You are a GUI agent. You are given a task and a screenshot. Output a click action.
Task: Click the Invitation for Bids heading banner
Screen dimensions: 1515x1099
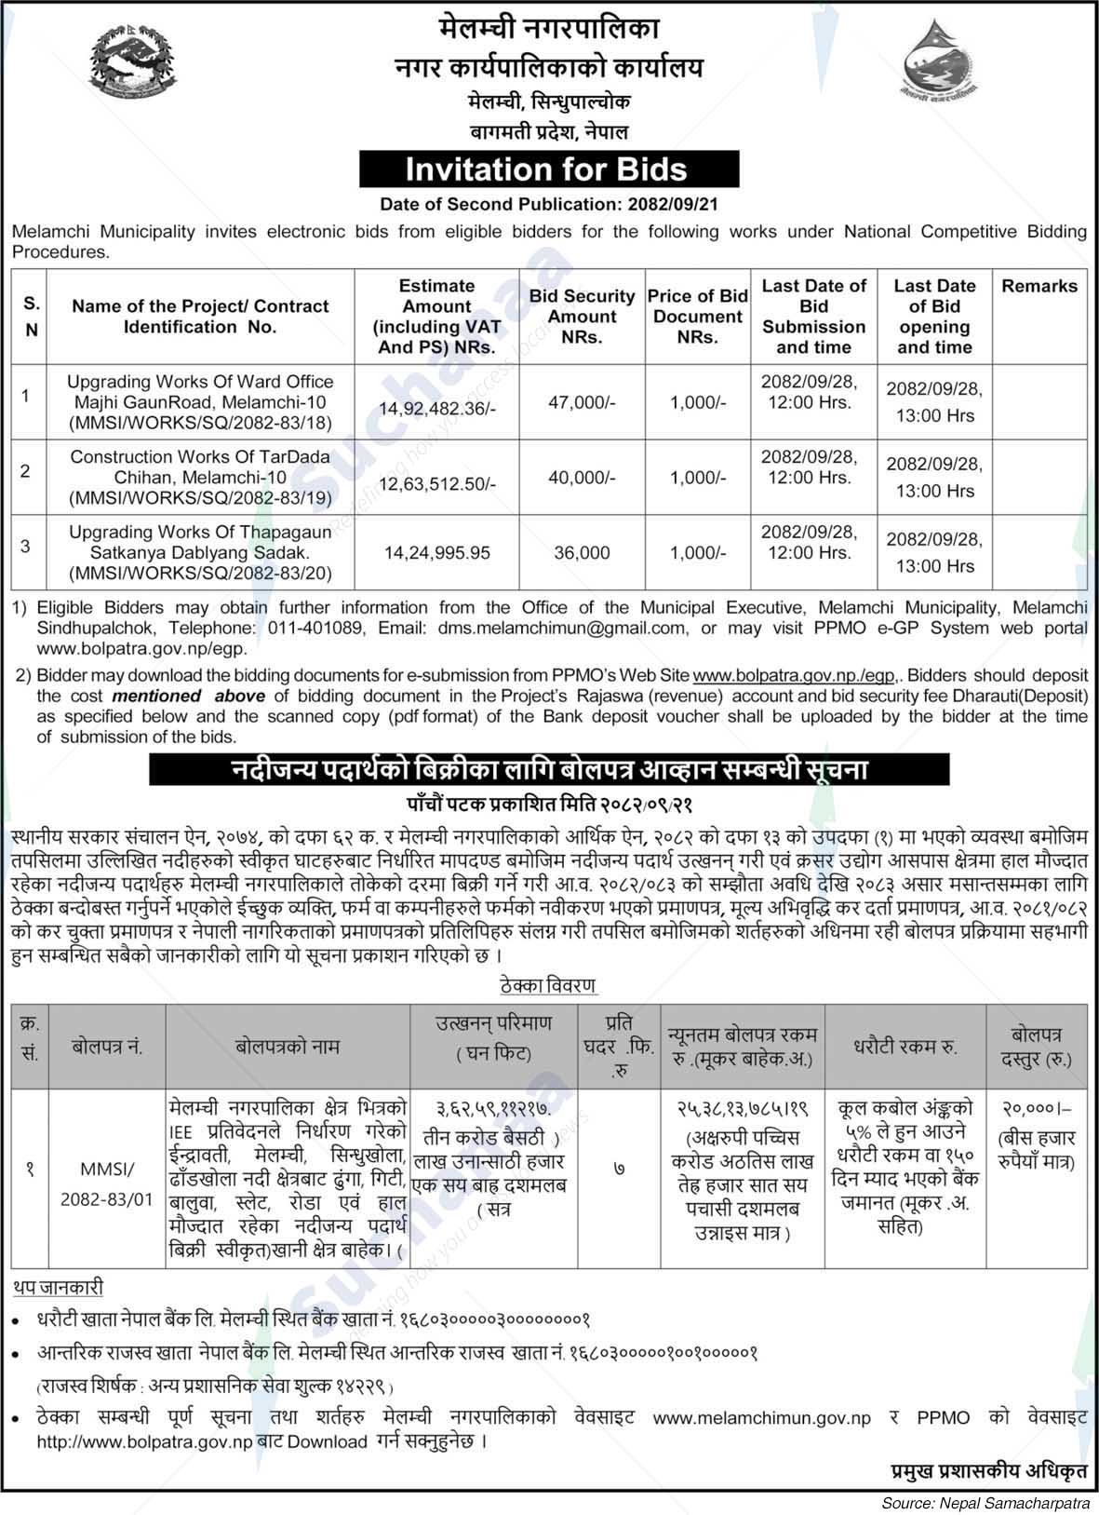tap(548, 169)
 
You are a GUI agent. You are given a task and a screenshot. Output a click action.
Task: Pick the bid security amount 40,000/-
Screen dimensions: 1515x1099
tap(582, 478)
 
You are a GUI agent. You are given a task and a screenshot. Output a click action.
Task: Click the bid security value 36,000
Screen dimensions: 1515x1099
tap(582, 553)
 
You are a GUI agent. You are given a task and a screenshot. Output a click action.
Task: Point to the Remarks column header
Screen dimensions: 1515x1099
tap(1039, 287)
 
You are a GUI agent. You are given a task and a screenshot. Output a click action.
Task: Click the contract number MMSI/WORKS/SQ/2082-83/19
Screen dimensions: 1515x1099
tap(200, 498)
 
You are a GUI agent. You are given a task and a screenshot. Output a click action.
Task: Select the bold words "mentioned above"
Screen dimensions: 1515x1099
tap(188, 696)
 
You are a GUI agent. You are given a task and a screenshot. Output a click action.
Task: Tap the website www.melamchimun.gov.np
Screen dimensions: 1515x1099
tap(761, 1418)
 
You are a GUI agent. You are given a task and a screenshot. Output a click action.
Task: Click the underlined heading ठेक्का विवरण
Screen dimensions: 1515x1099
tap(548, 985)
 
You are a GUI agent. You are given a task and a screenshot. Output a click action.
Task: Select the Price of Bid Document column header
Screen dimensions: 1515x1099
tap(697, 317)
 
